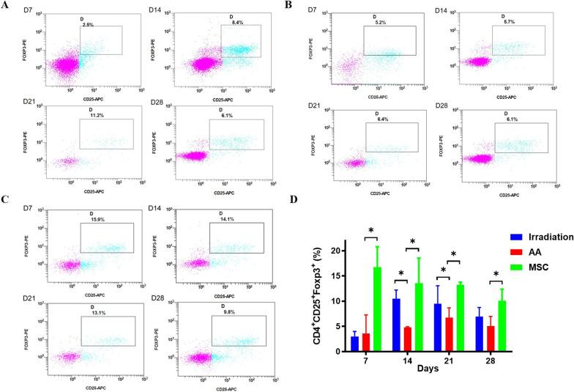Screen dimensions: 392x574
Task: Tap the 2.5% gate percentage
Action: pos(88,24)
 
